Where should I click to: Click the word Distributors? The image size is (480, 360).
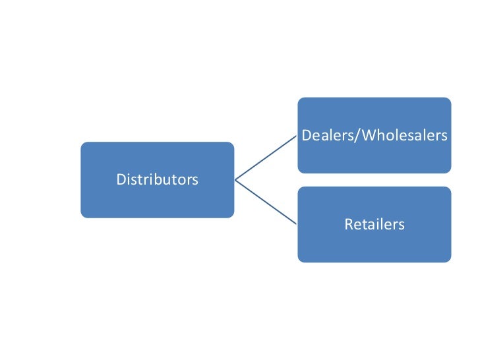pos(157,179)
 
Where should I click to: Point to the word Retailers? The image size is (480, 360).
pos(374,225)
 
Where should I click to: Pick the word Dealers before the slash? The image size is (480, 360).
pos(322,136)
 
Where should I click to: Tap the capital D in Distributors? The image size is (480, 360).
pos(120,179)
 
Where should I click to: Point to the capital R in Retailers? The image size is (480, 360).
pos(348,225)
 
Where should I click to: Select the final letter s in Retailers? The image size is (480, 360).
pos(401,225)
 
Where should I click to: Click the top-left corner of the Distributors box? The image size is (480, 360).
pos(82,144)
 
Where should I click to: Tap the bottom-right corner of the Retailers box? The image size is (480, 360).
pos(450,260)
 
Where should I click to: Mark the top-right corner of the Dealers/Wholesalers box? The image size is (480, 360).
pos(450,100)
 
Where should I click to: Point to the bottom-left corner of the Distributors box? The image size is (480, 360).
pos(82,216)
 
